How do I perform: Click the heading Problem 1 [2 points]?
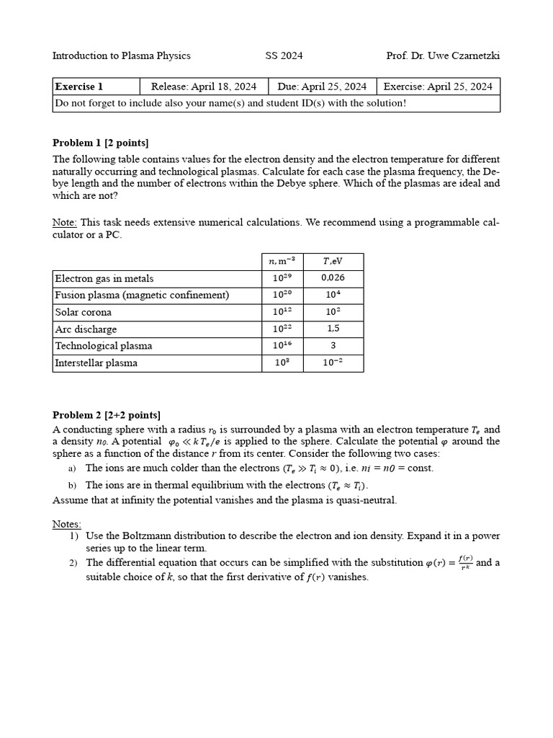tap(101, 143)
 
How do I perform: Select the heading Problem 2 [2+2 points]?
tap(107, 414)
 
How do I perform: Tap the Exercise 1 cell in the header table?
tap(79, 86)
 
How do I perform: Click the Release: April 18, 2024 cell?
tap(204, 86)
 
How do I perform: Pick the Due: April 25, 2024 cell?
tap(322, 86)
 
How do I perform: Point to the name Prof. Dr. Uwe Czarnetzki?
tap(443, 55)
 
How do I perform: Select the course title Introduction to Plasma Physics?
tap(122, 55)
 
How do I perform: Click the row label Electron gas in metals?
tap(104, 279)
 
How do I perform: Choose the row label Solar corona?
tap(84, 312)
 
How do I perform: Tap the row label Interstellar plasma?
tap(96, 363)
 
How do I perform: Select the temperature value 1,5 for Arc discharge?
tap(333, 329)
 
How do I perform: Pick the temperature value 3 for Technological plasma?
tap(333, 345)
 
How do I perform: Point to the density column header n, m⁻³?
tap(282, 262)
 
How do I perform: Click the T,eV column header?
tap(333, 262)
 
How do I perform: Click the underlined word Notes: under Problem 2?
tap(67, 523)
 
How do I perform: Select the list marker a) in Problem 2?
tap(73, 468)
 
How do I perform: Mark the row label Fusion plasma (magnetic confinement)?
tap(142, 295)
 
